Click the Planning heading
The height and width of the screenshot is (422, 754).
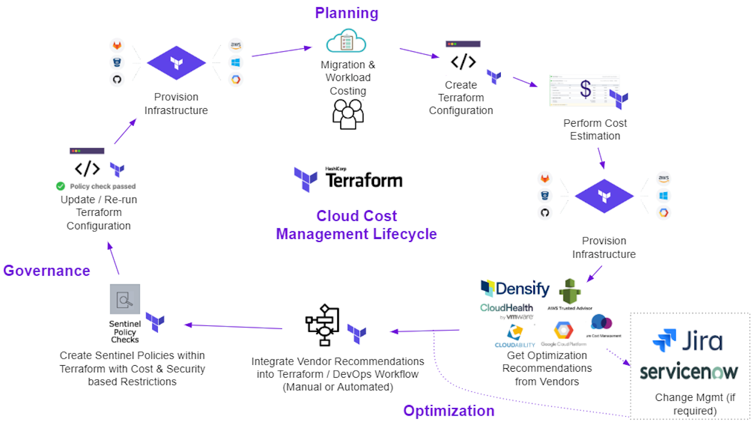[346, 13]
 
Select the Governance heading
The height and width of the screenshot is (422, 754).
[47, 271]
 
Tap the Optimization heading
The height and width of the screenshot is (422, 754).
[448, 410]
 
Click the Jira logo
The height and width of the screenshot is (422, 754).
[688, 341]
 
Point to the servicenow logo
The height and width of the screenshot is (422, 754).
[688, 372]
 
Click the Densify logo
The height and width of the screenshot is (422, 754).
[515, 288]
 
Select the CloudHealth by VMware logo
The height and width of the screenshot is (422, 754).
[507, 310]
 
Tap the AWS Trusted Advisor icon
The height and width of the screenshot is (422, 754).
[570, 292]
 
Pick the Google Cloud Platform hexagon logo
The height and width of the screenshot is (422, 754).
[563, 331]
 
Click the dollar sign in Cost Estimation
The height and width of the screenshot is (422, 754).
[586, 89]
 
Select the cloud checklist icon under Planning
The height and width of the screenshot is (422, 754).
[346, 41]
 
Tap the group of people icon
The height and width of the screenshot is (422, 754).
[348, 114]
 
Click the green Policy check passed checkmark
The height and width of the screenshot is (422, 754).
[60, 186]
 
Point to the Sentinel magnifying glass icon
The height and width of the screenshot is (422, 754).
[125, 299]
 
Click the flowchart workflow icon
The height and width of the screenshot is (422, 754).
[323, 325]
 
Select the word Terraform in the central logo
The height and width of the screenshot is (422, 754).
[364, 181]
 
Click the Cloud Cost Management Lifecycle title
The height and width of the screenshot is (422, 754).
[356, 225]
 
